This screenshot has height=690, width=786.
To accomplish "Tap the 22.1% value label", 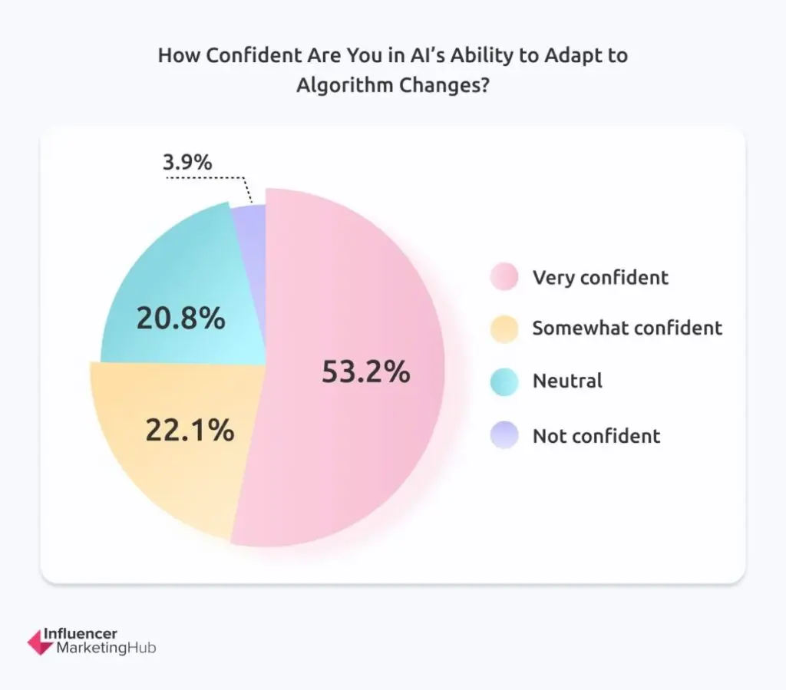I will pyautogui.click(x=190, y=431).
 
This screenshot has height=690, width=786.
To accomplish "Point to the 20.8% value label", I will pyautogui.click(x=181, y=318).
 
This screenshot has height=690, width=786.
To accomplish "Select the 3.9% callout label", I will pyautogui.click(x=187, y=163).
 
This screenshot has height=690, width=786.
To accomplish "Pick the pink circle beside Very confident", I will pyautogui.click(x=504, y=276).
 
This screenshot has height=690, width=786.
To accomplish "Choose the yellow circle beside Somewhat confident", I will pyautogui.click(x=504, y=328).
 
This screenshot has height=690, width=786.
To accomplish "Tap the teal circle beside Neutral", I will pyautogui.click(x=504, y=381).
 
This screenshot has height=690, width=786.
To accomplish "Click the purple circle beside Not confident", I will pyautogui.click(x=504, y=436).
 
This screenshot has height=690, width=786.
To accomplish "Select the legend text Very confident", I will pyautogui.click(x=600, y=277).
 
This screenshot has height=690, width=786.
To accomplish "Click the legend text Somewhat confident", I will pyautogui.click(x=627, y=328).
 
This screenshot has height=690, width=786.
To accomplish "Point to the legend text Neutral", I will pyautogui.click(x=567, y=381).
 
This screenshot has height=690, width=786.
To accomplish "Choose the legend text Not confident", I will pyautogui.click(x=596, y=436).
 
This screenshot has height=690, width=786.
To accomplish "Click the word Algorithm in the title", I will pyautogui.click(x=344, y=84).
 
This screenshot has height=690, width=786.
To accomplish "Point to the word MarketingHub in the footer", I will pyautogui.click(x=106, y=649).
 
